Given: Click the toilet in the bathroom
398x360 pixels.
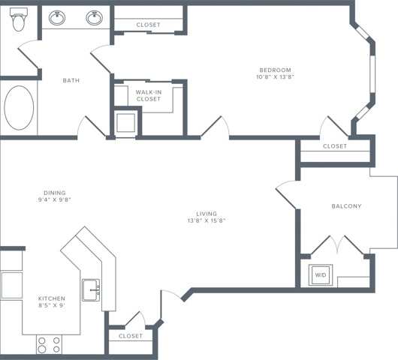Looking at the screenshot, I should click(x=19, y=22).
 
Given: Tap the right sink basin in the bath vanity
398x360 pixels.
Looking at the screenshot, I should click(x=93, y=17).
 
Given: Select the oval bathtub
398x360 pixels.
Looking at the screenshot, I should click(x=19, y=109).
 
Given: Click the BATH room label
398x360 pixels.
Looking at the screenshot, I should click(x=71, y=80).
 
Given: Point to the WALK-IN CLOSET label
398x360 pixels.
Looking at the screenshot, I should click(x=148, y=95).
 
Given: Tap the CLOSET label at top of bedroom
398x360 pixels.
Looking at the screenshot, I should click(x=148, y=25).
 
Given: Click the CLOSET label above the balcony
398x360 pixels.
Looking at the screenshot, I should click(x=335, y=146).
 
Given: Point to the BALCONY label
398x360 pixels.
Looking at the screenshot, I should click(x=346, y=206).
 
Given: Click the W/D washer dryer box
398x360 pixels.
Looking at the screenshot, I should click(x=321, y=275).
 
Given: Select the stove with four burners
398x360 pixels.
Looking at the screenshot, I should click(x=49, y=344).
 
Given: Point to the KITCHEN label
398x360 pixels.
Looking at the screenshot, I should click(x=52, y=298).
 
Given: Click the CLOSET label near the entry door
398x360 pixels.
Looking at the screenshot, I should click(x=131, y=336).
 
